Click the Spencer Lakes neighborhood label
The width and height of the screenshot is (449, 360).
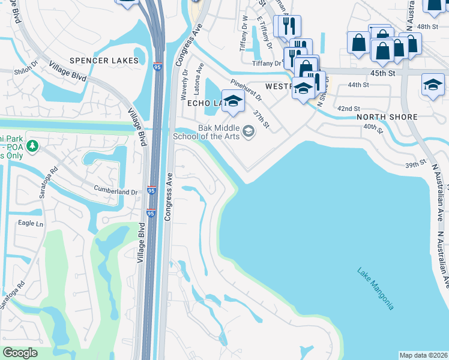(104, 61)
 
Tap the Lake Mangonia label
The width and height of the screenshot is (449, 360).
(375, 289)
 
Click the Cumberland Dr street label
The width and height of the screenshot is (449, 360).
(115, 191)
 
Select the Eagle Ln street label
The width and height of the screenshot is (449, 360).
(31, 224)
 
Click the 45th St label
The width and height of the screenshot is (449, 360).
(384, 73)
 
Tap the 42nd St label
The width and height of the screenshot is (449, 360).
(348, 109)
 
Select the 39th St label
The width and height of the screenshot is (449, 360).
(415, 163)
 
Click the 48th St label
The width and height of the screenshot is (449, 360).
(428, 27)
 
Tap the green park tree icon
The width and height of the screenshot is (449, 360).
(33, 146)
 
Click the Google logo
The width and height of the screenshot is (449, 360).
(20, 353)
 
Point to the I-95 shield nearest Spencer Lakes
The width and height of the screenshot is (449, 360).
(157, 65)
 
